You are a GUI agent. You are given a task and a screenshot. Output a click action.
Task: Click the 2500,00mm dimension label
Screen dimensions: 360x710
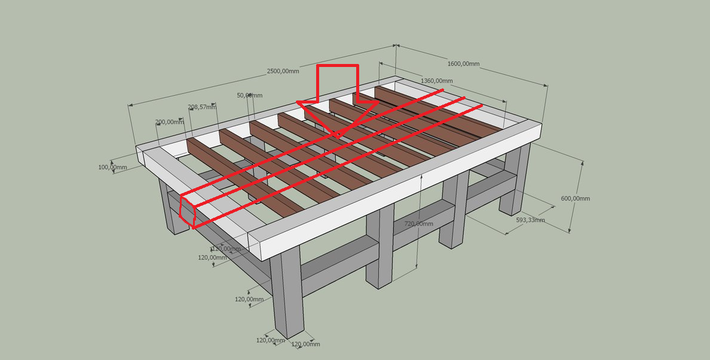[x=283, y=71]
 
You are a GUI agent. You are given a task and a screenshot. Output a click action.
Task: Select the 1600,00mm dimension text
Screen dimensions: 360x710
[x=463, y=64]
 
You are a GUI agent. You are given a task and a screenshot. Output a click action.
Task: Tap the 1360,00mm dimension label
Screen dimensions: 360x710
[x=437, y=81]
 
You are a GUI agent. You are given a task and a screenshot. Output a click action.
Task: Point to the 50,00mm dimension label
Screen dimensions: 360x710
[x=249, y=96]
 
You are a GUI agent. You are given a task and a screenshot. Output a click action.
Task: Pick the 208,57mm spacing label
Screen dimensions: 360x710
[x=202, y=107]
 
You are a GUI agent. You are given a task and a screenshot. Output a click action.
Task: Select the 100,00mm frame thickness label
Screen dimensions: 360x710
[x=112, y=167]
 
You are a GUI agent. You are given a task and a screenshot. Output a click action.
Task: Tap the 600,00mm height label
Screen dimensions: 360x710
[x=576, y=199]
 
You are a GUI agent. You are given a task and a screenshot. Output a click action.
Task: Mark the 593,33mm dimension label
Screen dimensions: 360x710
[x=530, y=220]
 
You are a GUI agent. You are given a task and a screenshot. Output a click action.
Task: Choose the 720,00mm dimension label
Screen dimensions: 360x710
[x=419, y=224]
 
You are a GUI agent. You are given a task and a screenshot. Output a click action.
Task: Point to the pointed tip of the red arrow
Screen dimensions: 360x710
[x=338, y=138]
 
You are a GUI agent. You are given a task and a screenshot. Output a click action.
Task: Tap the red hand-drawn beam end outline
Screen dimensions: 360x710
[x=187, y=210]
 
